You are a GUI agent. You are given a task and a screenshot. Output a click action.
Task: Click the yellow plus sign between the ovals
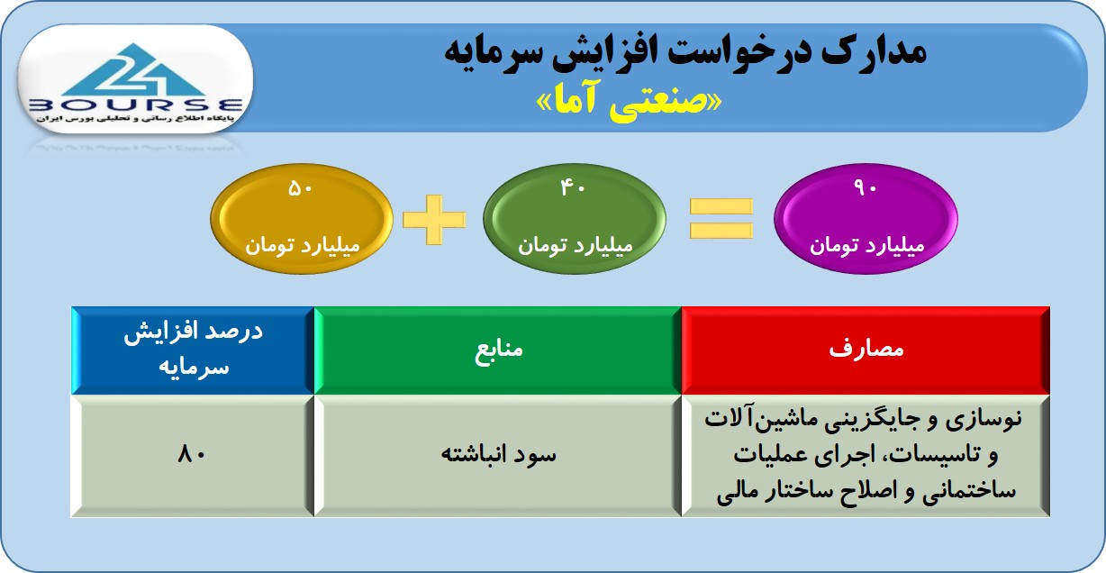coord(434,219)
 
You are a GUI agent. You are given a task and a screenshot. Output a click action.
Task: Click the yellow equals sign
coord(721,218)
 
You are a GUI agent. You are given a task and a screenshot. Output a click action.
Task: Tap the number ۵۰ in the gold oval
coord(300,189)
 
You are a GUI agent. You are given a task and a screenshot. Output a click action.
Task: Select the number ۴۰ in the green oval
coord(573,188)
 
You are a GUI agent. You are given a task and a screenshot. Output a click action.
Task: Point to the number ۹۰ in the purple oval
coord(865,187)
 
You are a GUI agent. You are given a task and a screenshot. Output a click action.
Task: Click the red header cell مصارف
coord(866,350)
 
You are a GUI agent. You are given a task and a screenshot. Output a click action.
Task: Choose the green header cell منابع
coord(498,350)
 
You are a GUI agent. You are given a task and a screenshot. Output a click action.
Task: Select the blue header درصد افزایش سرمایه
coord(193,350)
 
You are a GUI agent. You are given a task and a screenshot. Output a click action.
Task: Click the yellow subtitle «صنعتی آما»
coord(629,102)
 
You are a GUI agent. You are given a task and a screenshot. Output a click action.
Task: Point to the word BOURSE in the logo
coord(136,105)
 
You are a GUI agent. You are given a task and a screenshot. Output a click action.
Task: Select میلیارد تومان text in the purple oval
coord(866,245)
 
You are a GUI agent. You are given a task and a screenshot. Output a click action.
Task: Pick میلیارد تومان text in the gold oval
coord(303,245)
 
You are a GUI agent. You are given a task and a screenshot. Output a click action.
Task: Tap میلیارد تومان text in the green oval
coord(575,245)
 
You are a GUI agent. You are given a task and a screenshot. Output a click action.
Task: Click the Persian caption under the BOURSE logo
coord(135,119)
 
